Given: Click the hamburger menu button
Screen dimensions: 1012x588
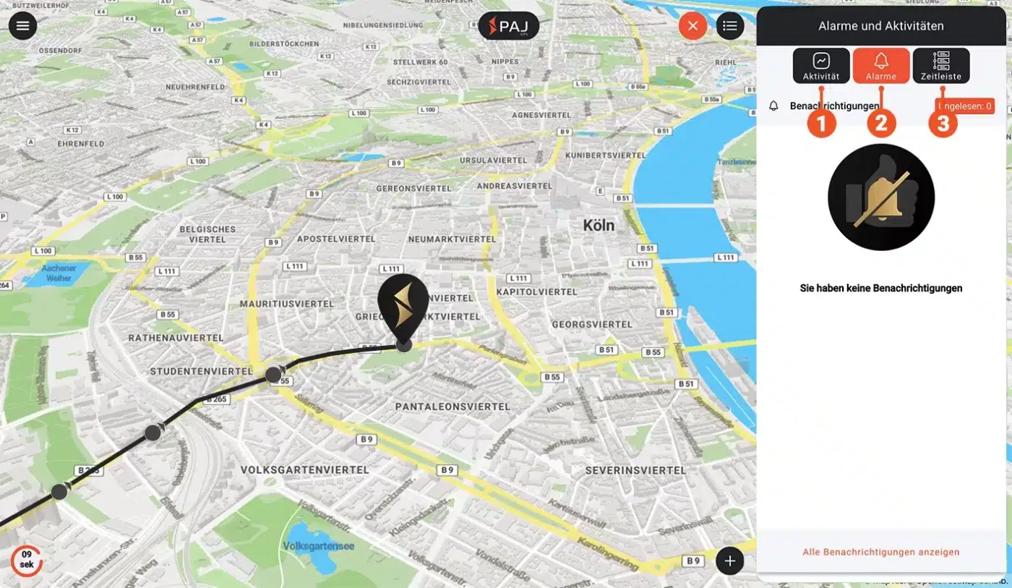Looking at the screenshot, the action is (23, 26).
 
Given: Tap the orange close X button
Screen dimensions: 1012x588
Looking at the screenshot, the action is (692, 27).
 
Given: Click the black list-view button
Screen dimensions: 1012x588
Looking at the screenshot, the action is (730, 27).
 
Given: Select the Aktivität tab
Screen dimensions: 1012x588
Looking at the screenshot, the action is (821, 66).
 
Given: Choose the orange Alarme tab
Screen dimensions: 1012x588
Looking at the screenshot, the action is (881, 66).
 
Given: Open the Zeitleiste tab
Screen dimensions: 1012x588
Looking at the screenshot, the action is (941, 66).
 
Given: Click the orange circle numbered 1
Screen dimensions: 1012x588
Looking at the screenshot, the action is (821, 124).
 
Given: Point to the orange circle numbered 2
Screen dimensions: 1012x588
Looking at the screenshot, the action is (881, 124).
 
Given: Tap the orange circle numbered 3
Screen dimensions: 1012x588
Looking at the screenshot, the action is (943, 124).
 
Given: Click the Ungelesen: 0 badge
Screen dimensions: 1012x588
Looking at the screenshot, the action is (965, 106).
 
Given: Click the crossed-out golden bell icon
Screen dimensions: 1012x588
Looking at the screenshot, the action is (881, 197).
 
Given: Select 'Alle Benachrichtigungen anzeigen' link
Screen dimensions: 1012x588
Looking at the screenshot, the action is (881, 552).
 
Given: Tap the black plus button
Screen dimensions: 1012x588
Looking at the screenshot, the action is (730, 561).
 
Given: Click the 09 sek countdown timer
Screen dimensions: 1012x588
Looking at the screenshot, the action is (26, 561).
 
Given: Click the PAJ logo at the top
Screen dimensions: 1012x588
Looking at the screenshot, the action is (509, 26).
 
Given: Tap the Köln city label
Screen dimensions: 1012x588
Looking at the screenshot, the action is (599, 226).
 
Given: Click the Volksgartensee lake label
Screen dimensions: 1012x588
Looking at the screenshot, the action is (319, 546).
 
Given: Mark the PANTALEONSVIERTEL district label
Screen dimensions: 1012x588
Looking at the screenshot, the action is (453, 407).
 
